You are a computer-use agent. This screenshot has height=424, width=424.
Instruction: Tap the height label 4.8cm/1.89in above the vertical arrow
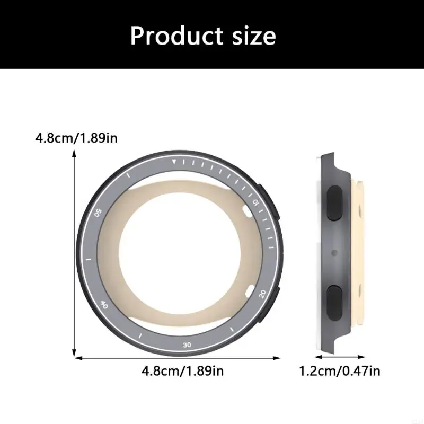(76, 139)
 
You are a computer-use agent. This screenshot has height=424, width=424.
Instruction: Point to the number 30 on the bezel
(187, 345)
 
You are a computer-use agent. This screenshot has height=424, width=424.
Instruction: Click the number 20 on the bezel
(262, 293)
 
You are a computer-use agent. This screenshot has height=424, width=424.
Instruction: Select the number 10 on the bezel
(255, 202)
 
